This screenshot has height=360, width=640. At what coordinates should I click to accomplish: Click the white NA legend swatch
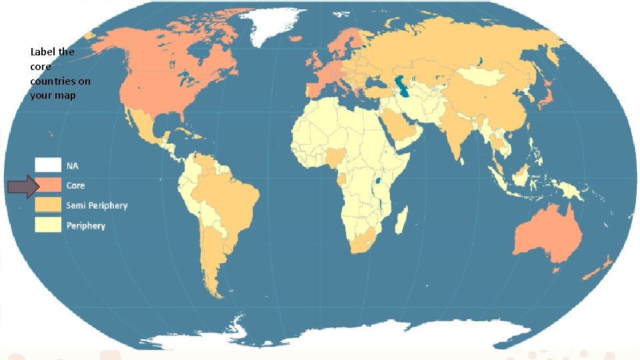[x=48, y=165]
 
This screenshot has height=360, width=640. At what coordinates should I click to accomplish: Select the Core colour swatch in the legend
[x=48, y=185]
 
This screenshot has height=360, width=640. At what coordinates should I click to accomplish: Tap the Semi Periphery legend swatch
[x=48, y=205]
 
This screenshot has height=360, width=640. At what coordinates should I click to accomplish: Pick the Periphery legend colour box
[x=48, y=225]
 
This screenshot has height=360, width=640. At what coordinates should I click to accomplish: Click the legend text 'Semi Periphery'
[x=96, y=205]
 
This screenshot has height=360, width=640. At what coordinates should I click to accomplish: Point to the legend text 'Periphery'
[x=85, y=226]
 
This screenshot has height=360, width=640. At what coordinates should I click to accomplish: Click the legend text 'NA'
[x=72, y=165]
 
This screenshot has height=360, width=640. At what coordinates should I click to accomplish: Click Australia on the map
[x=546, y=233]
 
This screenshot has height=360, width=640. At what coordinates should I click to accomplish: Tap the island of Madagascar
[x=401, y=219]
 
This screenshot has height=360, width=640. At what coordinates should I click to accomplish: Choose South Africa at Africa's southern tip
[x=363, y=243]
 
